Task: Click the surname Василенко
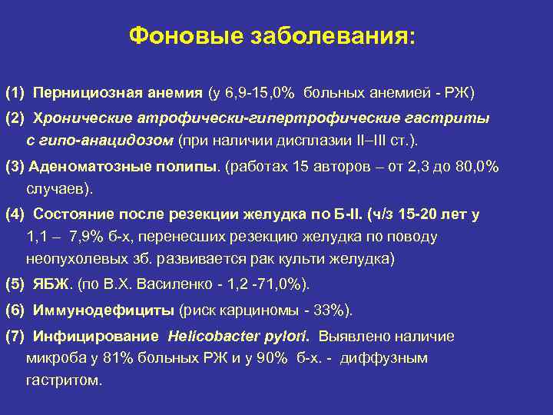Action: click(x=175, y=284)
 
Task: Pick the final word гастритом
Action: click(x=63, y=380)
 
